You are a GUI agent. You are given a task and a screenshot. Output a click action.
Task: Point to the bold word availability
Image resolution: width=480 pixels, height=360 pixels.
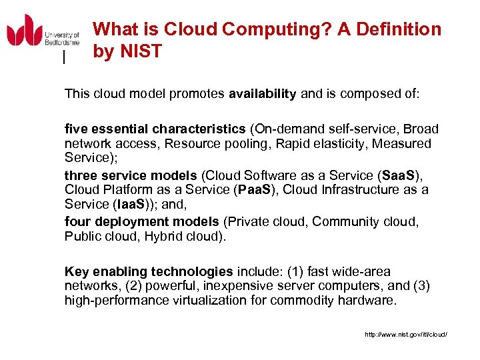point(262,94)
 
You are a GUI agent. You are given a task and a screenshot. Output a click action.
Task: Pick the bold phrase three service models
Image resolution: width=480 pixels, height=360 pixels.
point(131,175)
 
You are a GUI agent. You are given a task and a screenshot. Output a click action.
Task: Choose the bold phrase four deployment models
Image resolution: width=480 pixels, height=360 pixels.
point(141,221)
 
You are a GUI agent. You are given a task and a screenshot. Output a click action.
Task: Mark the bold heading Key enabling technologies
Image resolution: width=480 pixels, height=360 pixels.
point(149,271)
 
